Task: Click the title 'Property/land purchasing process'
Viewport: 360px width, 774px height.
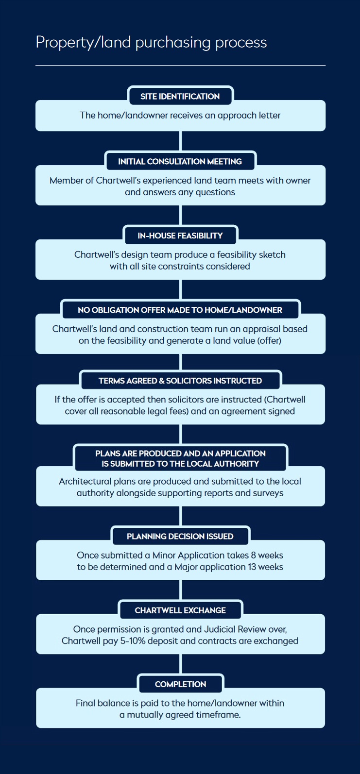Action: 151,43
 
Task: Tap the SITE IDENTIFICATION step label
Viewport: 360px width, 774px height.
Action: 180,97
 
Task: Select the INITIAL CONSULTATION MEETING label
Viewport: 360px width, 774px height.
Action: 180,161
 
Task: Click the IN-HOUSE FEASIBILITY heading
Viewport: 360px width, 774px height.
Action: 180,236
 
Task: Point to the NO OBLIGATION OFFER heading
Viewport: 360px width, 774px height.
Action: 180,310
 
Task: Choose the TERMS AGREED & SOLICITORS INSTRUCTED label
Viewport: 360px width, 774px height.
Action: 180,381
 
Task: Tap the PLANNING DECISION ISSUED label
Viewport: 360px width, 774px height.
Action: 180,536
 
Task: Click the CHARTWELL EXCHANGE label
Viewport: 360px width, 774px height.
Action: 180,610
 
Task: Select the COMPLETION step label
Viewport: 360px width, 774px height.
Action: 181,684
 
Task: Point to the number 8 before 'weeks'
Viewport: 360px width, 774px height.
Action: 254,555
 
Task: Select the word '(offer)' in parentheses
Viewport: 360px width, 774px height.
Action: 269,341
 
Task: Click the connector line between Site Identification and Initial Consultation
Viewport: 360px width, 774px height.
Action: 181,141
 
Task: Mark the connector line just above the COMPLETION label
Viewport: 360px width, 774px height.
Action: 181,664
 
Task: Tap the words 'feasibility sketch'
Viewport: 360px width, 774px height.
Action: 251,254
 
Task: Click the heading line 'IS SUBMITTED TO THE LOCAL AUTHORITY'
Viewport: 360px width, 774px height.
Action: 180,464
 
